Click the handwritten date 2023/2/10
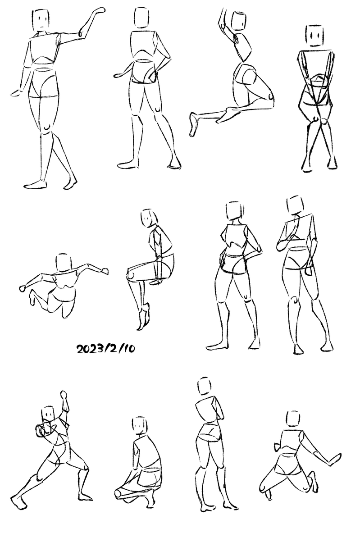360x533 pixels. [x=105, y=349]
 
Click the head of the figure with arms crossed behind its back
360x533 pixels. [x=314, y=35]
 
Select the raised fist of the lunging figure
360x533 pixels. [x=64, y=395]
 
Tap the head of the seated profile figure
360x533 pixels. [x=148, y=218]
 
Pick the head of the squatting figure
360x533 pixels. [x=140, y=425]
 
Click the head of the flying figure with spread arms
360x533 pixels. [x=64, y=263]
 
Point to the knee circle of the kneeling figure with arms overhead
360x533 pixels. [x=271, y=96]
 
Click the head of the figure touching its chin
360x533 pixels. [x=295, y=205]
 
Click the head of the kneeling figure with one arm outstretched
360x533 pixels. [x=293, y=419]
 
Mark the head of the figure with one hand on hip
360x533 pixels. [x=141, y=18]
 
